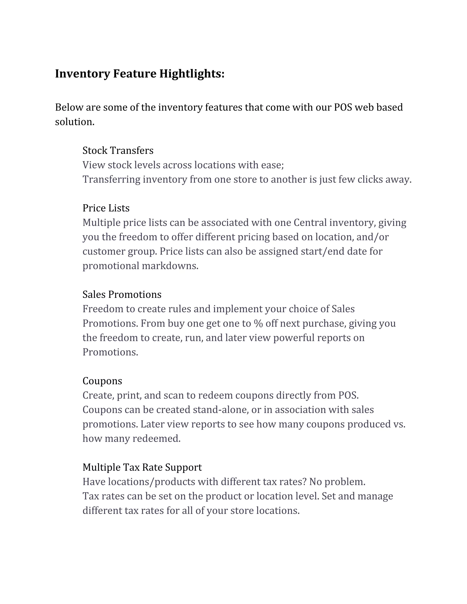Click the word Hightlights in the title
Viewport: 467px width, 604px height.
[x=192, y=74]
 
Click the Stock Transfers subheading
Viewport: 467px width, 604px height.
[x=118, y=150]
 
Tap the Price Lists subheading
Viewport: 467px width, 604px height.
[x=106, y=208]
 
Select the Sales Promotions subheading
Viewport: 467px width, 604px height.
[x=122, y=294]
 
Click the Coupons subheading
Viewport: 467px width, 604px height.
[x=102, y=381]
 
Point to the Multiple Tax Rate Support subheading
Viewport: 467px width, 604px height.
[x=142, y=467]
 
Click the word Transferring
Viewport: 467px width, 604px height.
[x=111, y=179]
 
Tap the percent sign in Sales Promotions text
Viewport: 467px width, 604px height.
[x=258, y=323]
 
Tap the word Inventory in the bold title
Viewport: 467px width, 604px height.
[x=83, y=74]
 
